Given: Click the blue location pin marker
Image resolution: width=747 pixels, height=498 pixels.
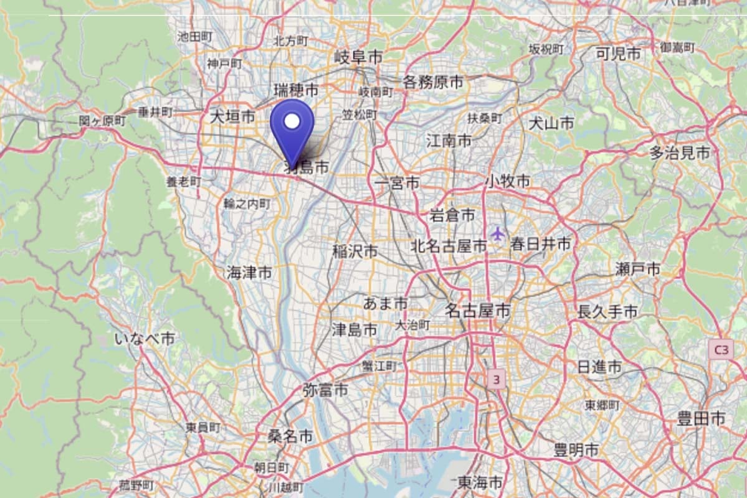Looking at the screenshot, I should tap(292, 128).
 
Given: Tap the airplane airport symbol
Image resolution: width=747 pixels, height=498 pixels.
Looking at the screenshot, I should tap(497, 233).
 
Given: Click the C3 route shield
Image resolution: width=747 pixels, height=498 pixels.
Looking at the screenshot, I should tap(720, 350).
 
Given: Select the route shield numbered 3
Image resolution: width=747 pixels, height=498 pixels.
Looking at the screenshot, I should tap(496, 378).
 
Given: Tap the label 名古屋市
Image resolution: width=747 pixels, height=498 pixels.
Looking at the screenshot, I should tap(477, 310).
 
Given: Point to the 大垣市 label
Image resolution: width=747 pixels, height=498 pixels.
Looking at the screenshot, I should tap(232, 116).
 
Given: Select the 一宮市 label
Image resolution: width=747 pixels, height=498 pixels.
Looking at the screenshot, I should tap(397, 183).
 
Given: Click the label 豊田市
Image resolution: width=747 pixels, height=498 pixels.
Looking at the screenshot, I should tap(702, 419).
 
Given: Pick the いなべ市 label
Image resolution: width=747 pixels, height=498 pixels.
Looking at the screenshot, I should tap(145, 339).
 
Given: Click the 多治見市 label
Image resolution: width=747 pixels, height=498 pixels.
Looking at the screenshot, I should tap(680, 153).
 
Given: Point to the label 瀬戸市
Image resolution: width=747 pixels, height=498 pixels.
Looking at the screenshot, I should tap(637, 270).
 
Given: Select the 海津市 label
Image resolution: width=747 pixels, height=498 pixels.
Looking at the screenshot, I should tap(249, 272).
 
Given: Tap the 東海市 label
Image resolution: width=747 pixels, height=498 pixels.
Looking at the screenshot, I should tap(480, 482).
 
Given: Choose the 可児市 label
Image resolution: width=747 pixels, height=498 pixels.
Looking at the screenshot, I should tap(618, 54).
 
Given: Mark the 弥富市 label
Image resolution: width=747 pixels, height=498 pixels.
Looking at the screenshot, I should tap(325, 390).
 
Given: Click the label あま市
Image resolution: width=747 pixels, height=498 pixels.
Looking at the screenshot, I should tap(385, 303).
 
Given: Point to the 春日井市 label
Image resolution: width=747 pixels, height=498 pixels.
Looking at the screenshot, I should tap(540, 244).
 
